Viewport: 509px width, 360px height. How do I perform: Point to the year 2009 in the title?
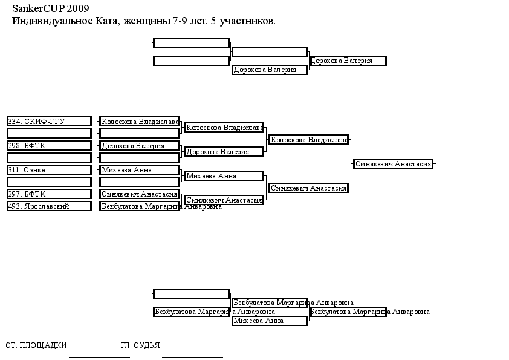[x=78, y=8]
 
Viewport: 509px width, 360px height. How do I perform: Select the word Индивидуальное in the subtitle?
[x=52, y=21]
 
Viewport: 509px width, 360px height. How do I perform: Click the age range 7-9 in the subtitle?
[x=180, y=21]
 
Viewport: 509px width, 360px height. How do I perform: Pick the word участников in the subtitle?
[x=247, y=21]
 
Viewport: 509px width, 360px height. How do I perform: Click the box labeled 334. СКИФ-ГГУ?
[x=50, y=121]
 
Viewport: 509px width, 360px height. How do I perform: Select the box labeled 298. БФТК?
[x=50, y=146]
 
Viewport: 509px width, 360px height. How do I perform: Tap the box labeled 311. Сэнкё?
[x=50, y=169]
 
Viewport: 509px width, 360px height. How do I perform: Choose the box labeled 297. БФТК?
[x=50, y=194]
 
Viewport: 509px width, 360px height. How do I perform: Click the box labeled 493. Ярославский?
[x=50, y=206]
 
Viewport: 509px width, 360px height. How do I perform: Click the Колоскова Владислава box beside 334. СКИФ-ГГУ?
[x=139, y=121]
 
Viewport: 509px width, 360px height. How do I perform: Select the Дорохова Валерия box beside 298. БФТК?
[x=139, y=146]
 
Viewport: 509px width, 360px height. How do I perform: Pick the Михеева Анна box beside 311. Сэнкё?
[x=139, y=169]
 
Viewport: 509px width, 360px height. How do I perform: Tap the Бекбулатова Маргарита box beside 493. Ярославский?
[x=139, y=206]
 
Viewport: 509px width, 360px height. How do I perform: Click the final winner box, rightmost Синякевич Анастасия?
[x=393, y=164]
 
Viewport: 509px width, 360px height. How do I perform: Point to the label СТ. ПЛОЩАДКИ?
[x=36, y=345]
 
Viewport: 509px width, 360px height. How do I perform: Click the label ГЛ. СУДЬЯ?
[x=140, y=345]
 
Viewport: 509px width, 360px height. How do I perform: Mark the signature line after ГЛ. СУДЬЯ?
[x=192, y=357]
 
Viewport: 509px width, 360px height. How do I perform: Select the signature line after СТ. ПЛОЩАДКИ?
[x=99, y=357]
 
